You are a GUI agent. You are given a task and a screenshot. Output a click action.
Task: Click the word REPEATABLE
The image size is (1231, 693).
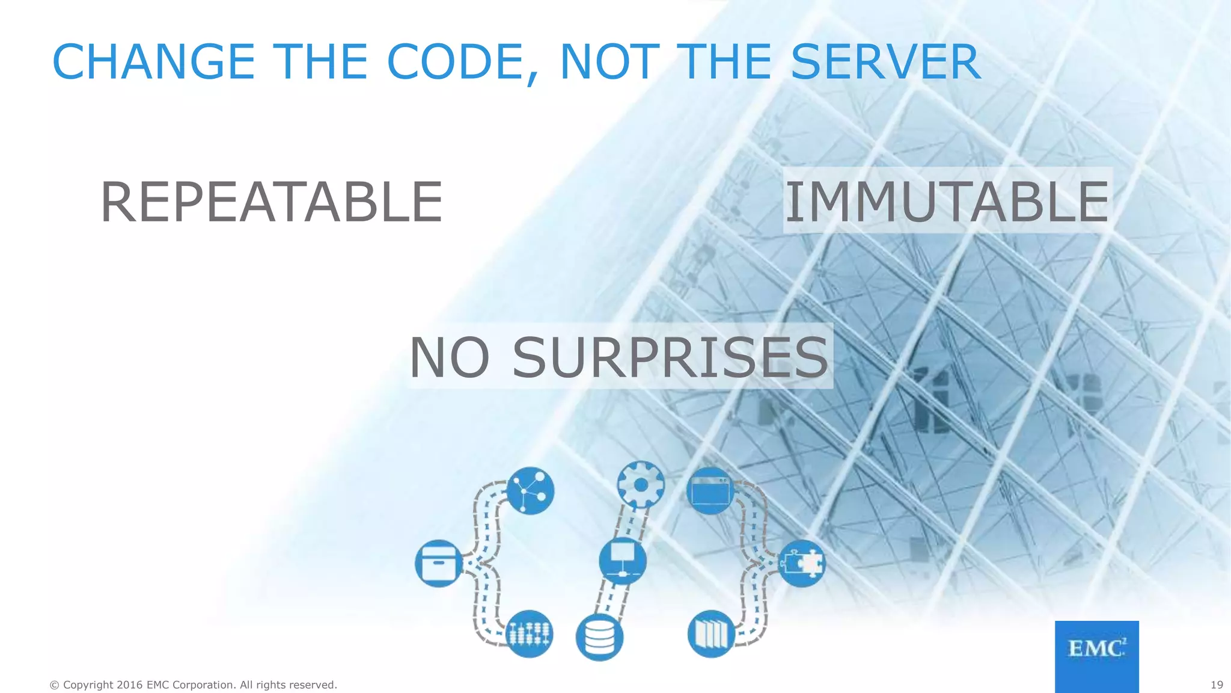[271, 202]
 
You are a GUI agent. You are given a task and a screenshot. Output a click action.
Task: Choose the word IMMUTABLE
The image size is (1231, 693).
[947, 202]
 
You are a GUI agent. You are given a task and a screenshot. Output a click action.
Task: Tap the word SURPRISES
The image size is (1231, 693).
[670, 358]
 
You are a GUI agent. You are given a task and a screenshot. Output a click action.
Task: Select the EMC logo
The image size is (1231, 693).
[1096, 656]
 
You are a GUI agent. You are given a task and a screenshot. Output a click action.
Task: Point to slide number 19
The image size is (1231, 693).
[1217, 685]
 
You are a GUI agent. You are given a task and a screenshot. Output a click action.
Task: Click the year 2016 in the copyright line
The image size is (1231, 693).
[130, 685]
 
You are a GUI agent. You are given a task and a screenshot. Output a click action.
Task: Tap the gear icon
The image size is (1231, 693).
[641, 484]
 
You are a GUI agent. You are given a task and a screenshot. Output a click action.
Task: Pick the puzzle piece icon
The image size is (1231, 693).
[802, 564]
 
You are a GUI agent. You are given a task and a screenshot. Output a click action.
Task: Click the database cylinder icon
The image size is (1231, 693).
[599, 637]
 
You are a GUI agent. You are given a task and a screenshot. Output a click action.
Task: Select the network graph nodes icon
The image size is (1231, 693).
[530, 490]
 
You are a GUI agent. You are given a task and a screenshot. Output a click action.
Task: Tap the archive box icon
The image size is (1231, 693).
[438, 563]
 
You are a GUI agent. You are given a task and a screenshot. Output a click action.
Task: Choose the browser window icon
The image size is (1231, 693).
[710, 490]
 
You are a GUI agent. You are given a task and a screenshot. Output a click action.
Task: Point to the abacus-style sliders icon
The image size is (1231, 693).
[530, 634]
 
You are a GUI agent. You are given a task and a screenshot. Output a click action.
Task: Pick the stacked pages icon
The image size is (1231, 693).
[711, 634]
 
